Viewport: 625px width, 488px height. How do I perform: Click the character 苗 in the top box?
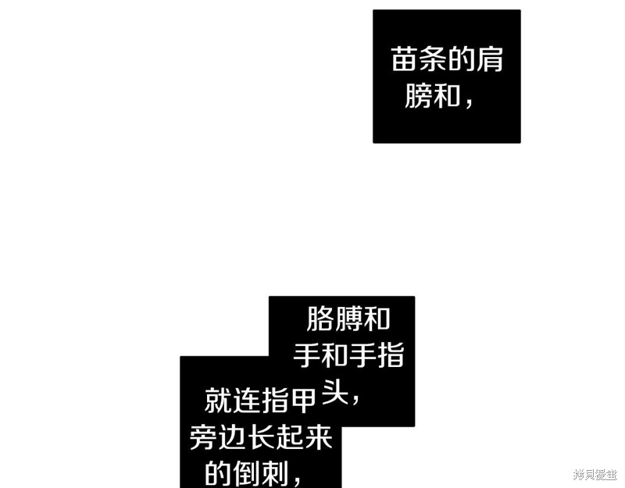[405, 59]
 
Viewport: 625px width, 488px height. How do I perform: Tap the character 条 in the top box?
[433, 59]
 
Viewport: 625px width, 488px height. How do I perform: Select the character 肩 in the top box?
[489, 59]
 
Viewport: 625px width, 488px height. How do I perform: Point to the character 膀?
[419, 95]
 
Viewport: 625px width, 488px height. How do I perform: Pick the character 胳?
[320, 319]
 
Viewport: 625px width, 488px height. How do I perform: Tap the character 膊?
[348, 319]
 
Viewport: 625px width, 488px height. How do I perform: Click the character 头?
[335, 392]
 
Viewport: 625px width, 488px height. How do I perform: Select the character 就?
[218, 400]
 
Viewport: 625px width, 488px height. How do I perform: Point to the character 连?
[246, 400]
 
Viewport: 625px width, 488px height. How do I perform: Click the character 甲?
[302, 400]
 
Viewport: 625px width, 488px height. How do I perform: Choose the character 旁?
[204, 437]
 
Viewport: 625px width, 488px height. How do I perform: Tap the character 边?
[232, 437]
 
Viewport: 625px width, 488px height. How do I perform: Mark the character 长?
[260, 437]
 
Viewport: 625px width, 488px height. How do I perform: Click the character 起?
[288, 437]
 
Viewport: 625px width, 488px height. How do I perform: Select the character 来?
[318, 437]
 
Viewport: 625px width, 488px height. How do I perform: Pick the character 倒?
[246, 473]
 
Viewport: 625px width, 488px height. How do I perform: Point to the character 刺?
[275, 473]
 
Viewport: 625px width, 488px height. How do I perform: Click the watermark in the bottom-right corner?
[595, 475]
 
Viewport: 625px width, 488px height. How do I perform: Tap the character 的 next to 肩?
[461, 59]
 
